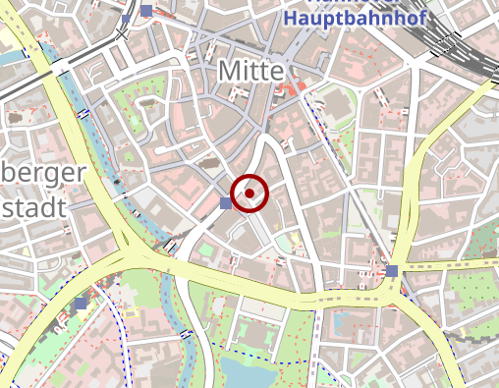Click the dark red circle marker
(249, 194)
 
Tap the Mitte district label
(250, 72)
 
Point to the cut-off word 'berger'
(45, 175)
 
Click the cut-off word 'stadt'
(33, 206)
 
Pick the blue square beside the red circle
(226, 202)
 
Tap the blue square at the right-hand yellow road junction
(392, 270)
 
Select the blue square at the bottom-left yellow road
(81, 304)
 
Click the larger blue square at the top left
(146, 11)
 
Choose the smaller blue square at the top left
(126, 19)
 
